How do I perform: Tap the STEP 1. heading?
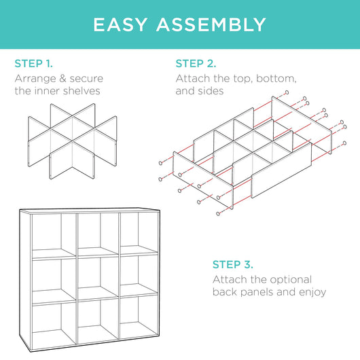33,64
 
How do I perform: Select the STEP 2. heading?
196,64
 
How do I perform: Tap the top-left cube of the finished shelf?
52,234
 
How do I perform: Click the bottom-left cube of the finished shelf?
52,321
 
